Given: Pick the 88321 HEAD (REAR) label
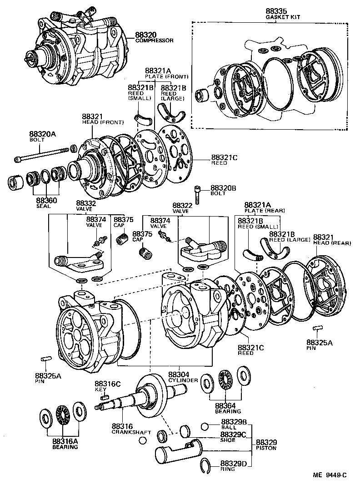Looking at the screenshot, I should [x=332, y=240].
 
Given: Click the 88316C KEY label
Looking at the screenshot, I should [x=107, y=386].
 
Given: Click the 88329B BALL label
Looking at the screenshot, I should [x=234, y=424].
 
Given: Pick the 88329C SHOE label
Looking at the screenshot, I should [x=234, y=437].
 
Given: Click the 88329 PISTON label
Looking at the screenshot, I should [x=266, y=445].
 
